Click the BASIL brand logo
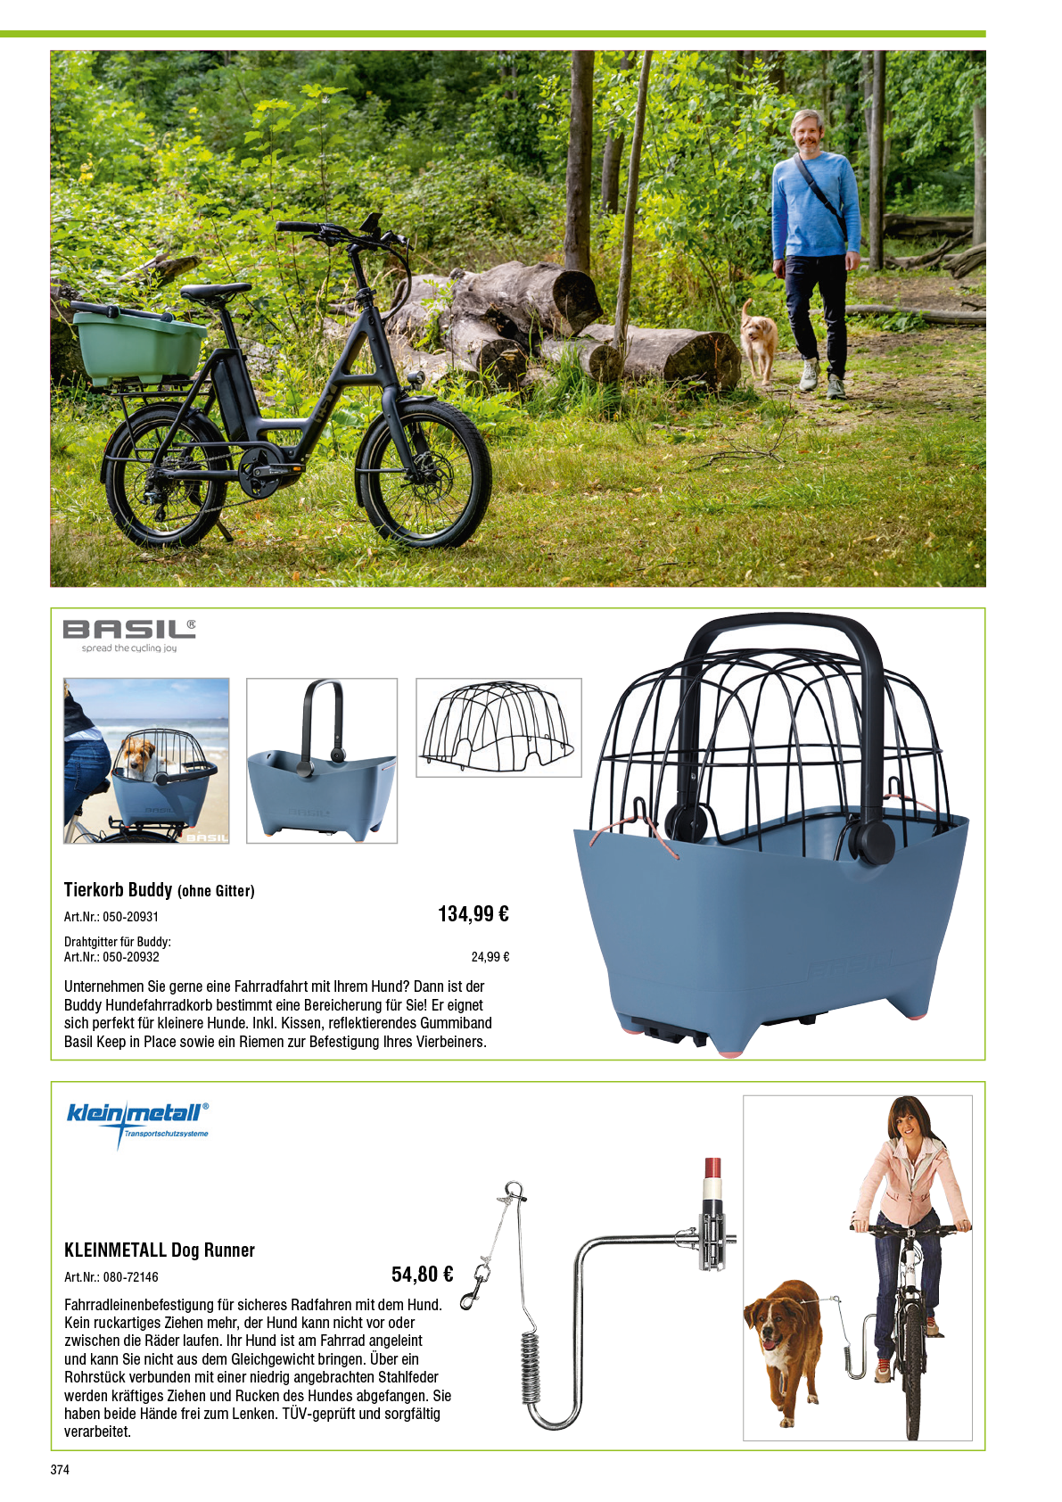[129, 635]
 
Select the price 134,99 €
[473, 914]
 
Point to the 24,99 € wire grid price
[490, 957]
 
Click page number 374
[60, 1470]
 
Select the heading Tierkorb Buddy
[118, 890]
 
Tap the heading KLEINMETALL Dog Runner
[160, 1250]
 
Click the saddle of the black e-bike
[215, 291]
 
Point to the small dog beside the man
[759, 342]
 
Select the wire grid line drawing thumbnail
[498, 728]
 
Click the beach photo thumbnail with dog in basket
[146, 761]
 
